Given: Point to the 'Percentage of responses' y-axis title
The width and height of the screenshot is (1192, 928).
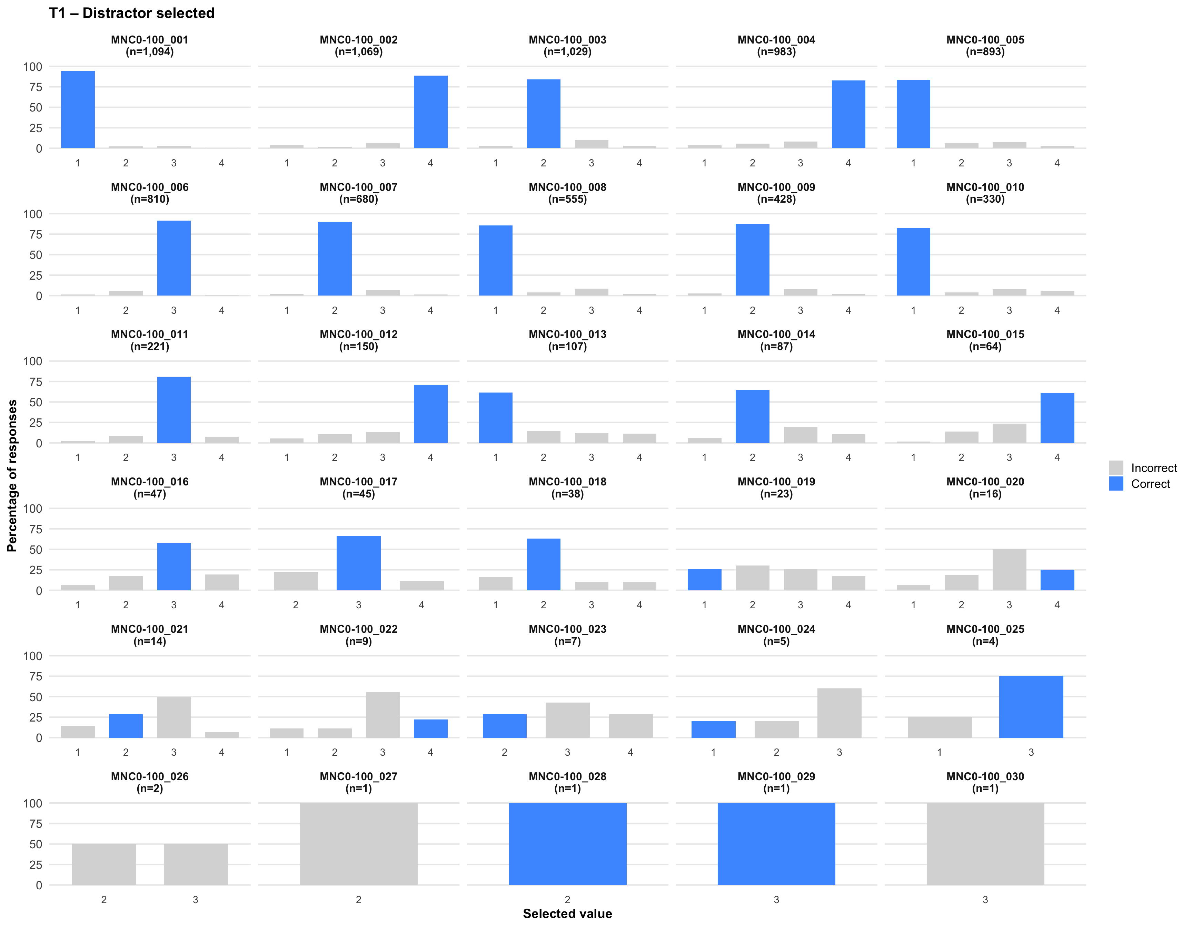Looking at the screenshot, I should [x=12, y=475].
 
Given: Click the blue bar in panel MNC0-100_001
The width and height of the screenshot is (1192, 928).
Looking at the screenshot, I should [x=78, y=109].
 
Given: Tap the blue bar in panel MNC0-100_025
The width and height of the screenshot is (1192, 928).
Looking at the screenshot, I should [x=1031, y=707].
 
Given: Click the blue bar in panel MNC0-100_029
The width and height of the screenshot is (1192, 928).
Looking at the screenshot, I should [x=776, y=843].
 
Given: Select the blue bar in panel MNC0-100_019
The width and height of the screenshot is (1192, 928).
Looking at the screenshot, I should [x=704, y=580].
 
